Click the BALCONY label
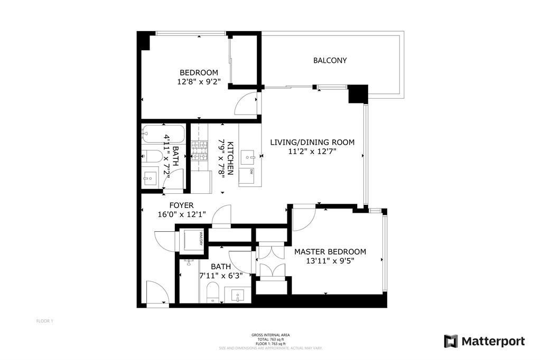coord(330,61)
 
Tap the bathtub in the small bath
coord(163,135)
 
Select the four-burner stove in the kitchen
coord(201,150)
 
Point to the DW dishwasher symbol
coord(251,171)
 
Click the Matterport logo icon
coord(451,341)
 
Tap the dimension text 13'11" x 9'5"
coord(330,261)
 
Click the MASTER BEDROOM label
coord(330,252)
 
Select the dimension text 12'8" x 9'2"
coord(199,82)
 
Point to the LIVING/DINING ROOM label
coord(311,143)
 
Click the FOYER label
coord(181,205)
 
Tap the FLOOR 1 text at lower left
coord(44,321)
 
